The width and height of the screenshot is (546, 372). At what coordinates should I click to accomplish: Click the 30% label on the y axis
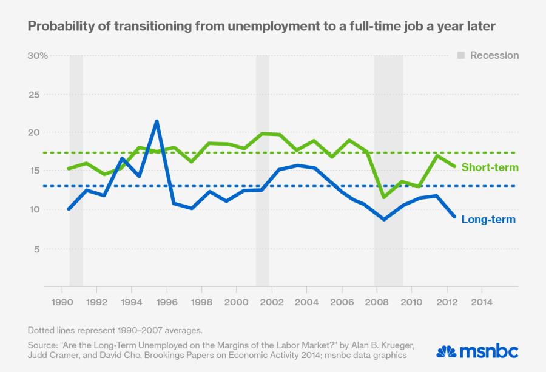(x=37, y=56)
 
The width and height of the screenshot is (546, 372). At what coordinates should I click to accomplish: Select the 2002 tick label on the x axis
(x=271, y=302)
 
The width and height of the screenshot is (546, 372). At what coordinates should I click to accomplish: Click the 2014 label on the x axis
(x=482, y=302)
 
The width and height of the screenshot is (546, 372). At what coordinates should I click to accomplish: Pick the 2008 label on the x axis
(x=377, y=302)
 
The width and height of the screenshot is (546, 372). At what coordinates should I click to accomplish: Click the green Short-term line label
(x=490, y=167)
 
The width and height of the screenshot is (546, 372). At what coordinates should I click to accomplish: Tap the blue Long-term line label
(x=488, y=219)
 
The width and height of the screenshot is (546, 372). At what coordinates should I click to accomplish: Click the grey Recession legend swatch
(x=461, y=56)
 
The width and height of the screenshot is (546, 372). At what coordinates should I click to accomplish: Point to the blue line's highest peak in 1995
(x=157, y=121)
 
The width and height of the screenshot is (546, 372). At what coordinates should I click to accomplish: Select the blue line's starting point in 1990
(x=69, y=209)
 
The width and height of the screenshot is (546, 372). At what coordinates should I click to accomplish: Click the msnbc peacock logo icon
(x=446, y=351)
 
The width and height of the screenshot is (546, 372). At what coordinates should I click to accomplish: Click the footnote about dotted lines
(x=115, y=330)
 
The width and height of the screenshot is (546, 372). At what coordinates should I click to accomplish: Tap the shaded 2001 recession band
(x=262, y=170)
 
